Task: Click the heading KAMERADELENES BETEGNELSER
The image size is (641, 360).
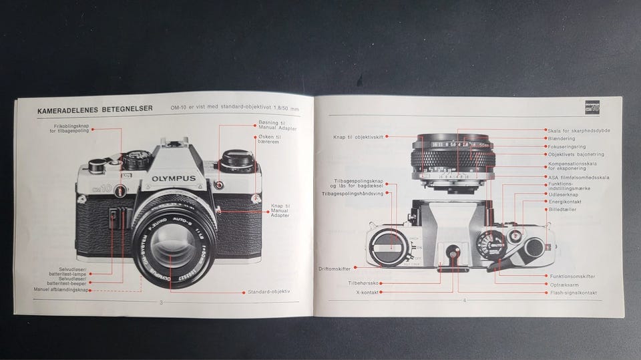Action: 87,110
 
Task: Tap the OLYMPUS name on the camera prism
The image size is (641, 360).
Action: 173,178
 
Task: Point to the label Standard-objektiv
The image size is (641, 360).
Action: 269,292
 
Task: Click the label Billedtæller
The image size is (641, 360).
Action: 562,210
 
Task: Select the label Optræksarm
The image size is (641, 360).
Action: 561,284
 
